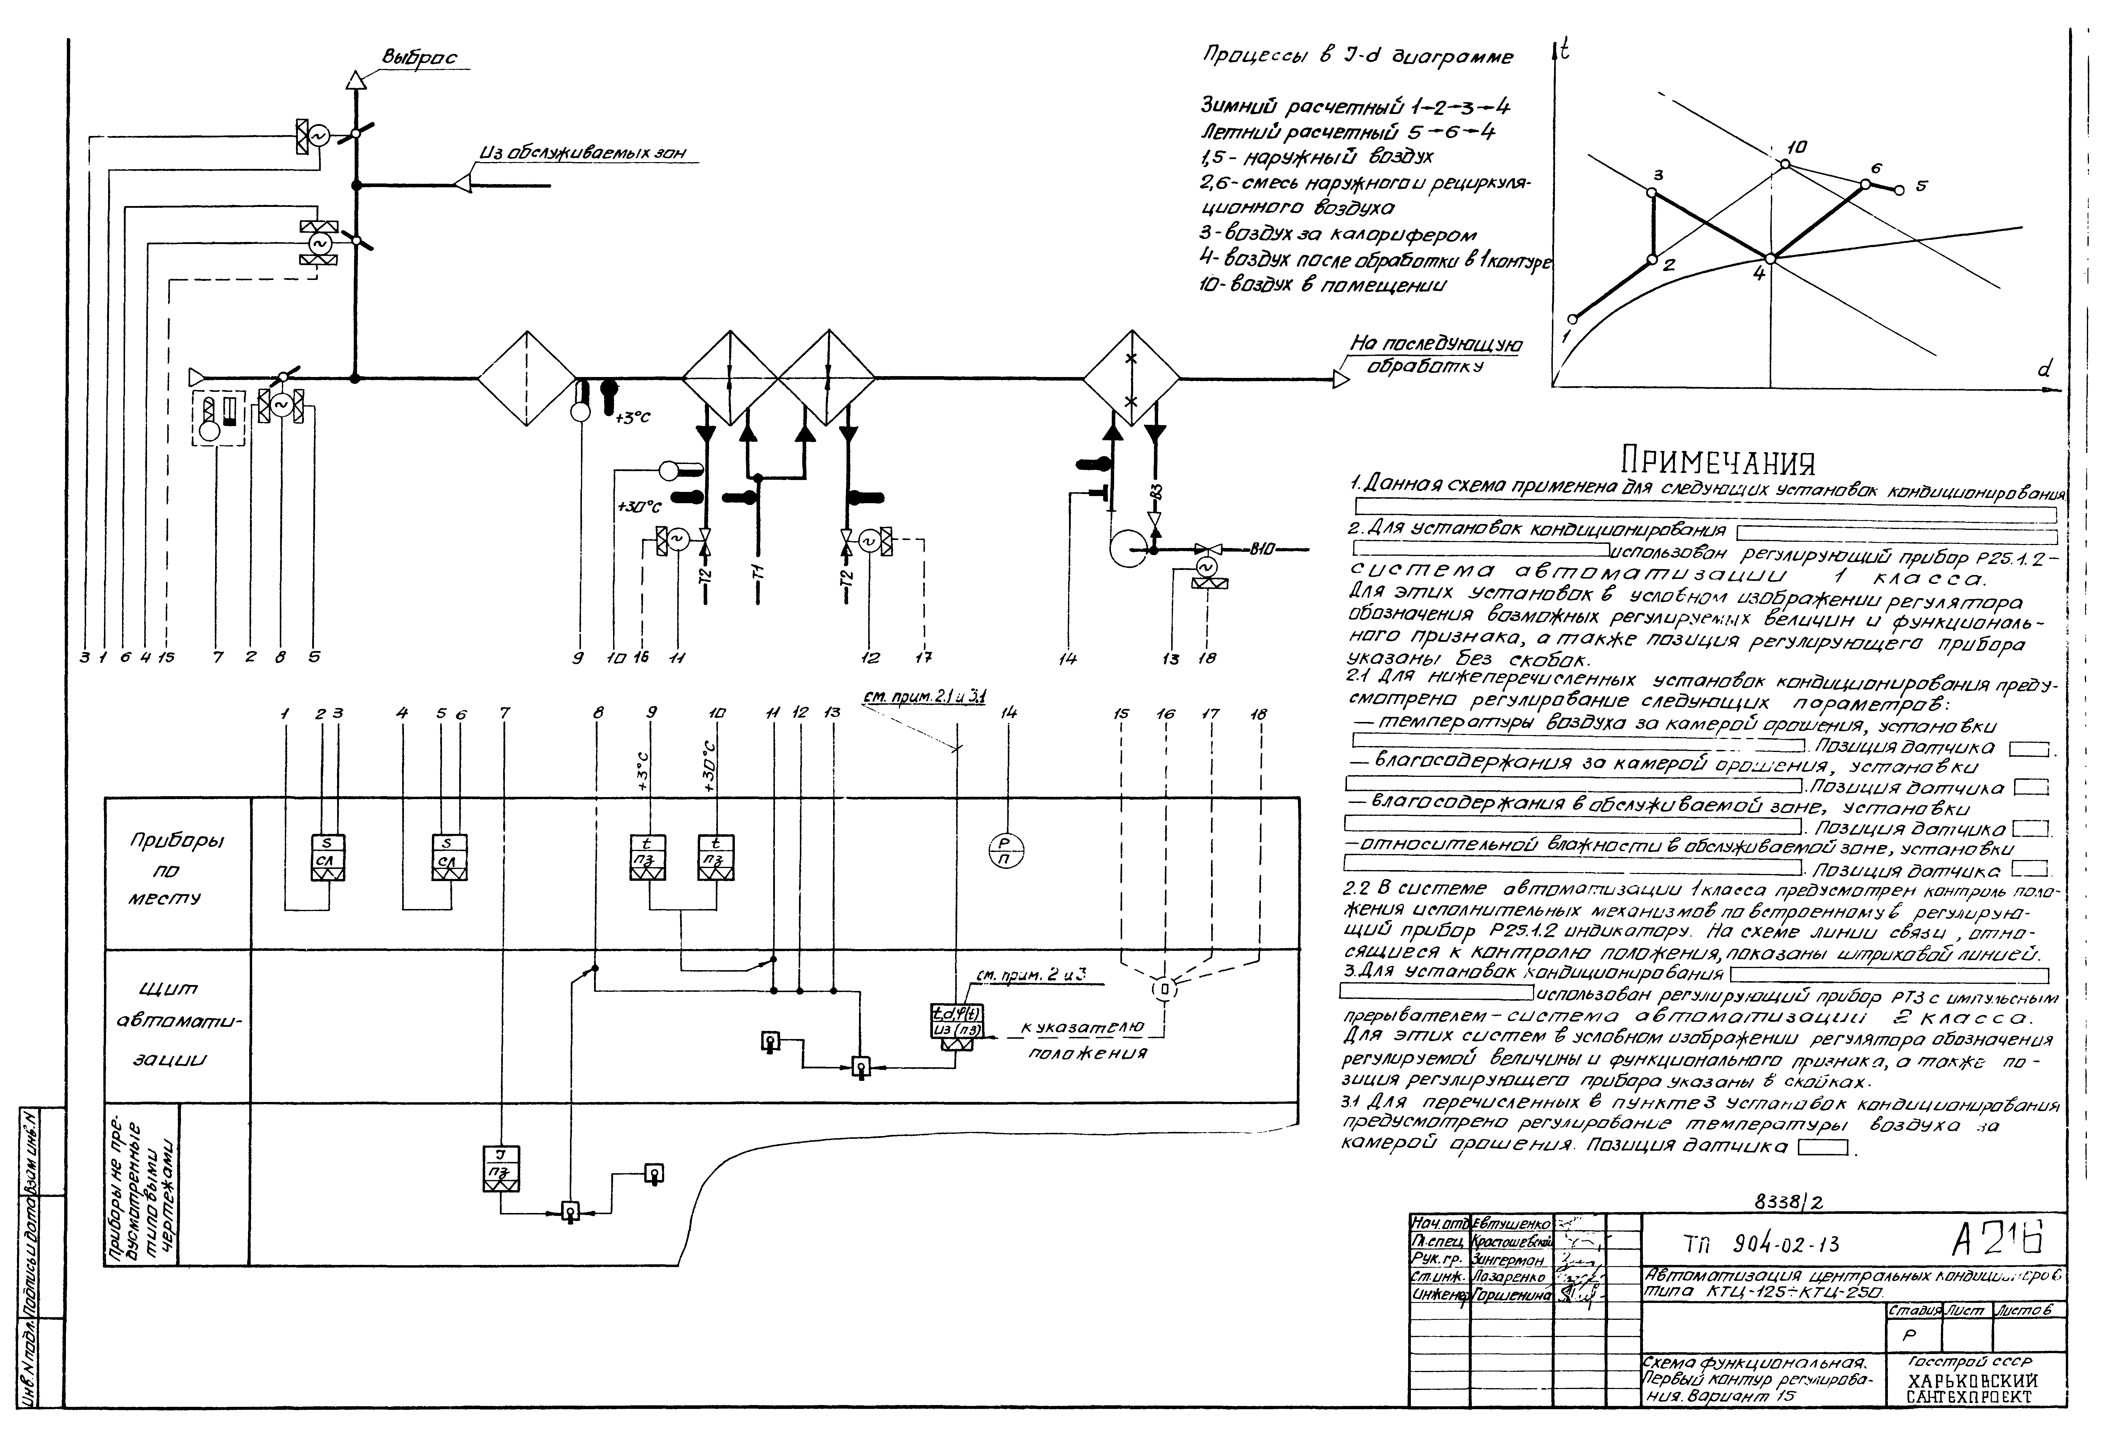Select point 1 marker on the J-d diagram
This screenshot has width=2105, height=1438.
[1572, 319]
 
